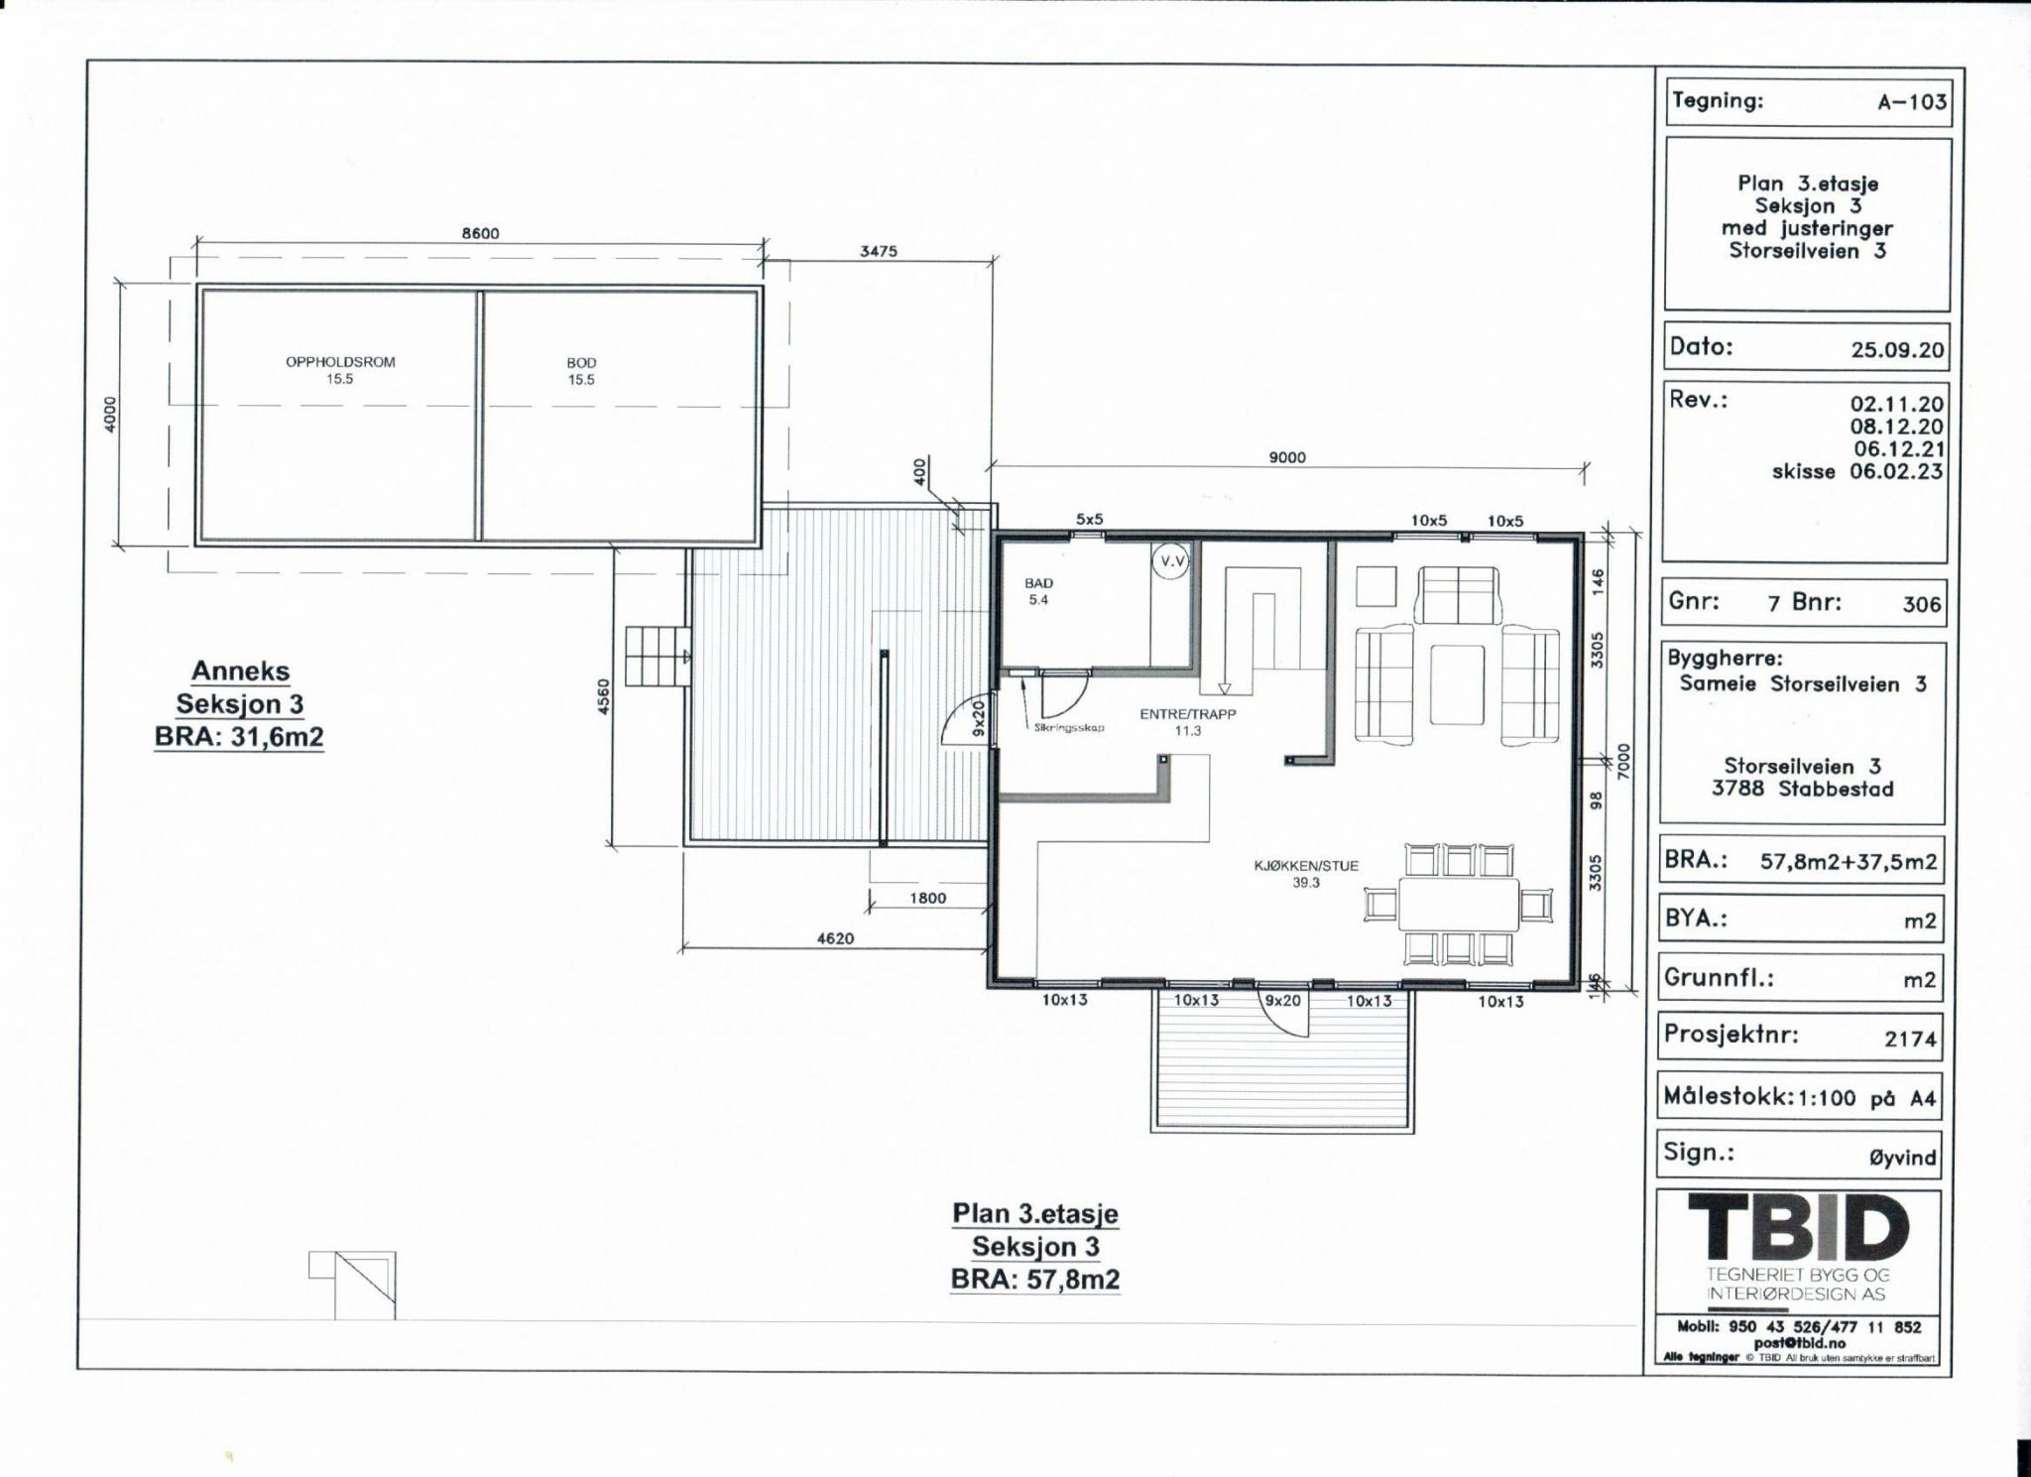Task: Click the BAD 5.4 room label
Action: click(x=1038, y=591)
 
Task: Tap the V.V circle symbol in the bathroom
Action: click(x=1171, y=561)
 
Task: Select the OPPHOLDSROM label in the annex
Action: click(x=340, y=362)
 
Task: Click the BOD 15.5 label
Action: click(x=581, y=371)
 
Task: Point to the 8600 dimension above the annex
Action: click(x=480, y=234)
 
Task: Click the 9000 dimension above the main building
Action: click(x=1287, y=457)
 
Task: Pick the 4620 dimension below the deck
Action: click(x=835, y=938)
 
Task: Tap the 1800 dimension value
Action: click(x=928, y=898)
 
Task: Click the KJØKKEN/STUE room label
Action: click(x=1306, y=865)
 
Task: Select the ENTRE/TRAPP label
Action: click(x=1188, y=714)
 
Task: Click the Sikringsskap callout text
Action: click(x=1068, y=728)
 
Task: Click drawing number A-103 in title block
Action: click(x=1912, y=102)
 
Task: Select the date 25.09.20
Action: click(x=1897, y=350)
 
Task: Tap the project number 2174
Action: click(x=1910, y=1039)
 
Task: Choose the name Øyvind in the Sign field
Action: click(x=1902, y=1158)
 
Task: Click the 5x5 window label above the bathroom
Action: click(x=1089, y=520)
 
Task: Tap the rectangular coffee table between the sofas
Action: click(x=1457, y=684)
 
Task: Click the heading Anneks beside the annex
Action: click(x=241, y=672)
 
